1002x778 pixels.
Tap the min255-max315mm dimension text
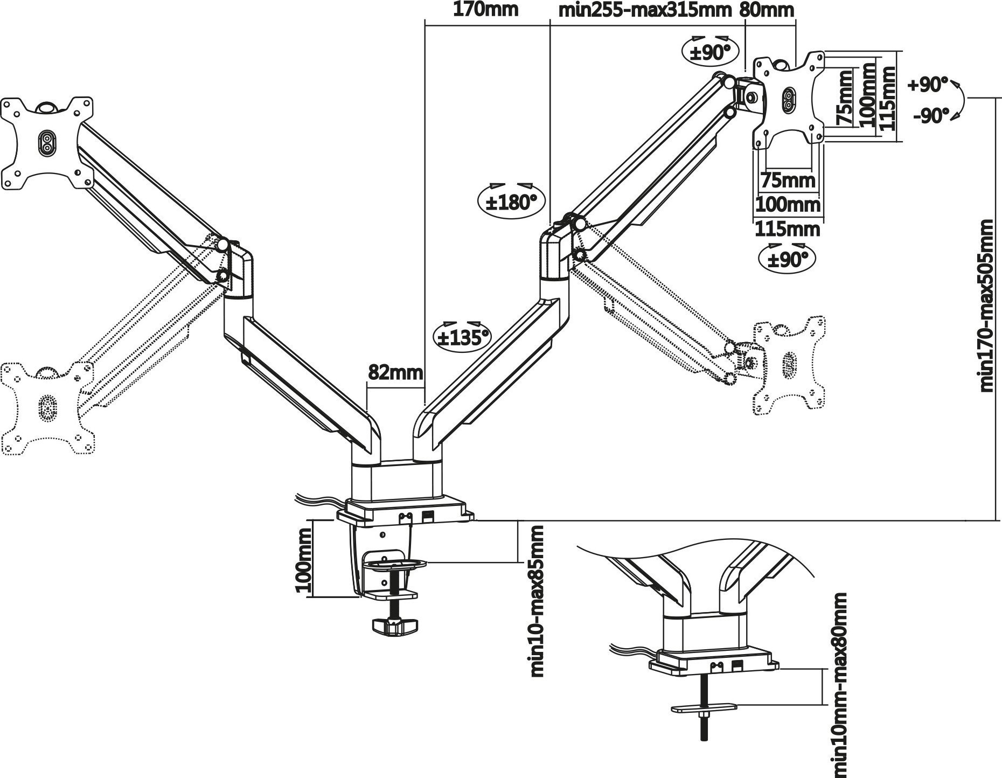(645, 10)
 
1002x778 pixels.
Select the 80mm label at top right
(767, 10)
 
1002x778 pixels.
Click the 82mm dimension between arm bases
(395, 372)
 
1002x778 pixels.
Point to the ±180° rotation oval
(511, 203)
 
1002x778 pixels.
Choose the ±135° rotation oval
(462, 337)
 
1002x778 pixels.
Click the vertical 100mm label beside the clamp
(304, 560)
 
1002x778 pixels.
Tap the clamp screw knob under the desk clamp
(394, 626)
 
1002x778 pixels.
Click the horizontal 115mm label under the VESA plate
(787, 229)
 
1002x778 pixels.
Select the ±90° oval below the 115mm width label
(787, 259)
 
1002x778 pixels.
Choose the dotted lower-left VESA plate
(47, 407)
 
